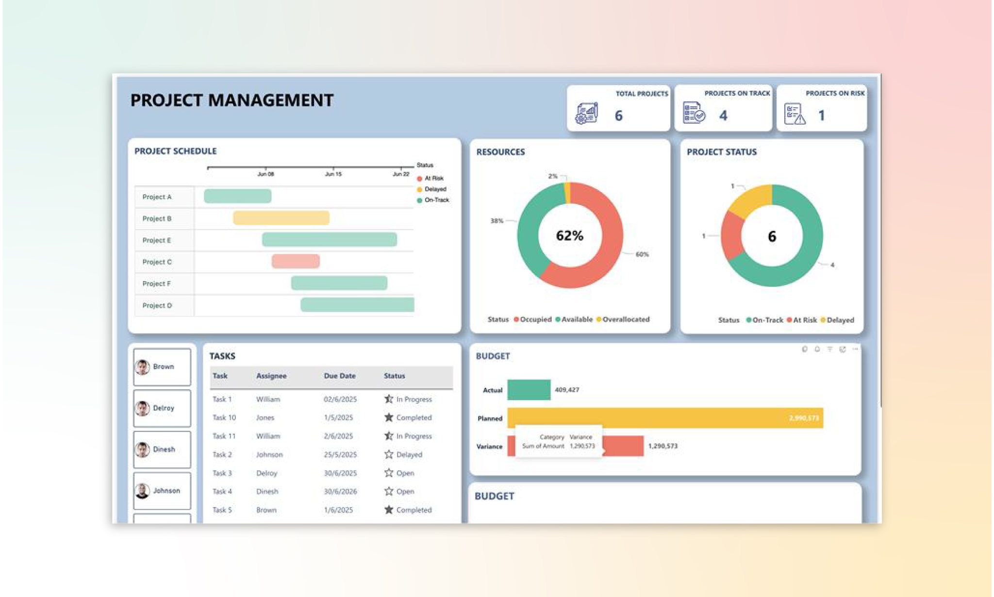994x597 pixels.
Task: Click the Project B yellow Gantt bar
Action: (x=281, y=218)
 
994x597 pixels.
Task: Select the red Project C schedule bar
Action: (x=296, y=261)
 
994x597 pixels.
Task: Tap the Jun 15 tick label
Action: (x=333, y=174)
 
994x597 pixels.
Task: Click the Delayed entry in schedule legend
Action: (x=434, y=189)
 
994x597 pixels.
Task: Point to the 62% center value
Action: (x=569, y=236)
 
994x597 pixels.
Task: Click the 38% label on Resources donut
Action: (x=497, y=221)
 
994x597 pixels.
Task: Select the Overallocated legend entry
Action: (x=625, y=319)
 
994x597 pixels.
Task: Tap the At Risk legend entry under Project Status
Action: (x=804, y=320)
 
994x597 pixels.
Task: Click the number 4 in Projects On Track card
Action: (x=723, y=116)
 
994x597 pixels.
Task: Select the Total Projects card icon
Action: (x=586, y=114)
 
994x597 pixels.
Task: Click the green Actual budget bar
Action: (x=529, y=390)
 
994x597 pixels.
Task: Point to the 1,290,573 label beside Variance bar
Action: (x=663, y=446)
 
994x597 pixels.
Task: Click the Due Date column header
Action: (x=339, y=376)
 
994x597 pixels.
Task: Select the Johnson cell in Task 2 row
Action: (x=269, y=455)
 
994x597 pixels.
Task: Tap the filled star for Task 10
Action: (x=389, y=417)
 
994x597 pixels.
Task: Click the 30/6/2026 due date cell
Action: (x=340, y=492)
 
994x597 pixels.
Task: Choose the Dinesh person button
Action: (x=162, y=449)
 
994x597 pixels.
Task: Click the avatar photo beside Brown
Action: (x=142, y=367)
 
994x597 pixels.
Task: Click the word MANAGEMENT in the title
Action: (x=270, y=100)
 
